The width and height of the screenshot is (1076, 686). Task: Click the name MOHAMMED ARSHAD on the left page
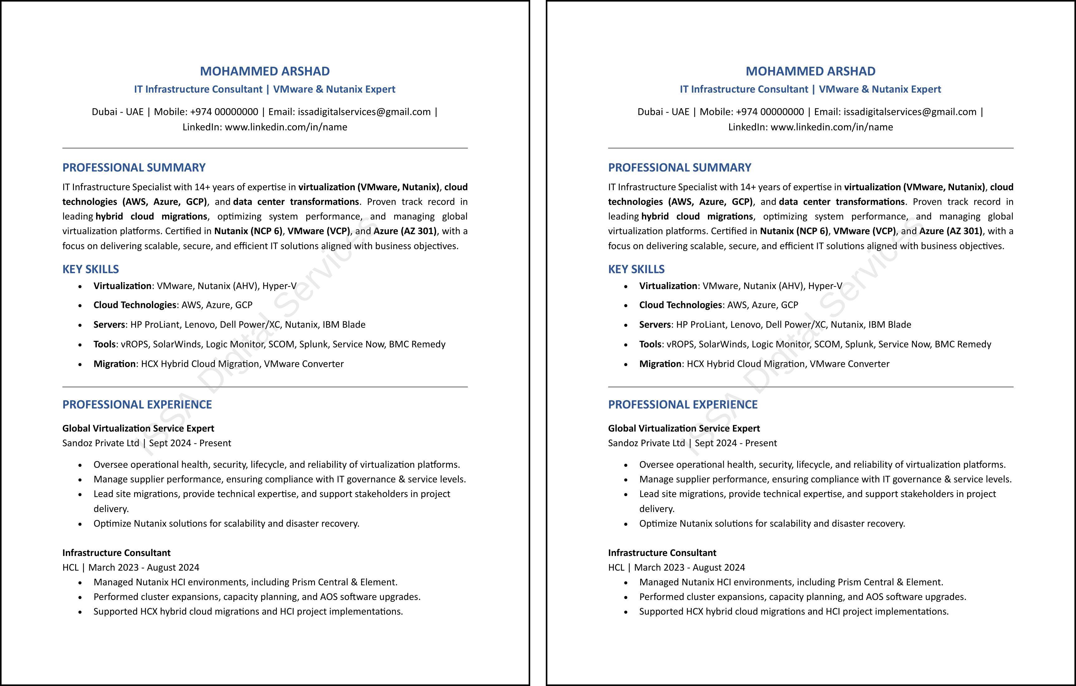[264, 71]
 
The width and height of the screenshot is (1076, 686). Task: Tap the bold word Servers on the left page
[109, 325]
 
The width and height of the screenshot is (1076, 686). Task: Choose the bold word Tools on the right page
[650, 344]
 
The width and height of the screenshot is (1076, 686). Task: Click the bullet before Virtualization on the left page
[80, 286]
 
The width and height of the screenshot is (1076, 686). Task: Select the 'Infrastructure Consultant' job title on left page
[116, 553]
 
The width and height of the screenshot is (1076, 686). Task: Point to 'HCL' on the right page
[616, 568]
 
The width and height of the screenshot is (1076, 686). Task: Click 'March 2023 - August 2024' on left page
[144, 568]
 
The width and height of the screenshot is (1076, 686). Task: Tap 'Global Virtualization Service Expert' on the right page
[684, 428]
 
